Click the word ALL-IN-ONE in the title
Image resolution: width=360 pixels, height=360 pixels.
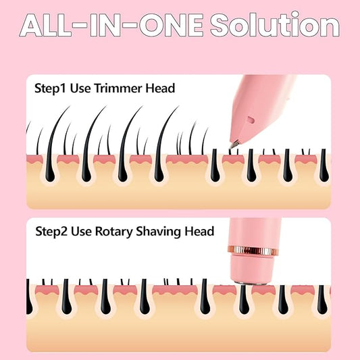pos(111,25)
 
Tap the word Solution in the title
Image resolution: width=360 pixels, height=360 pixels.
pos(275,24)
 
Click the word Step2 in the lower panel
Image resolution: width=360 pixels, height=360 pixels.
pos(51,232)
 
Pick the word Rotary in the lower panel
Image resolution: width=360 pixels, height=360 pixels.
pos(113,232)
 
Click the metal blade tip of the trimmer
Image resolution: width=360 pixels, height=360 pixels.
pos(234,145)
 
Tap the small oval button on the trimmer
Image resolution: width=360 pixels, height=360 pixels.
pos(251,120)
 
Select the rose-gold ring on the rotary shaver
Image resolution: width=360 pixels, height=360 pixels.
pos(254,251)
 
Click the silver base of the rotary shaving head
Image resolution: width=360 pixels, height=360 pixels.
pos(250,282)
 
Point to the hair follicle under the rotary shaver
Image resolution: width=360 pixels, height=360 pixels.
pos(244,299)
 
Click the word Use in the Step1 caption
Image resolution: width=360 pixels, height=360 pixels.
pos(80,88)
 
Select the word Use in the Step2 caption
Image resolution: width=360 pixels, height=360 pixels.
pos(82,232)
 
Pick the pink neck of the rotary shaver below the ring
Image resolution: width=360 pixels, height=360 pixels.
pos(253,268)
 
